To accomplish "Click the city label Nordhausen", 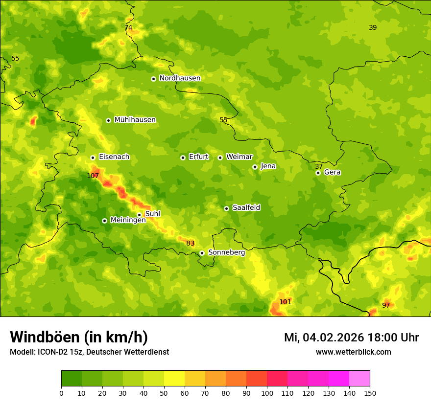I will [x=180, y=78].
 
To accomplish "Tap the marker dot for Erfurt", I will [x=183, y=158].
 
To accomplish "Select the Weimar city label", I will [x=239, y=157].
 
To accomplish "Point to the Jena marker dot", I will [x=255, y=167].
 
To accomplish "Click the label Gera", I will [x=332, y=172].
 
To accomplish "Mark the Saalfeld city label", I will [x=246, y=208].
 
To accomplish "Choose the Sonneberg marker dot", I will [x=202, y=253].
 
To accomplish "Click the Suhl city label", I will [x=153, y=214].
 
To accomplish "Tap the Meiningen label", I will [x=128, y=220].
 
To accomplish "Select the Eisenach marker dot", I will [x=93, y=158].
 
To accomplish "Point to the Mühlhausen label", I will [x=135, y=120].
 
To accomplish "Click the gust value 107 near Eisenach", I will [x=93, y=176].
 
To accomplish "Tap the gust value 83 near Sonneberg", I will [x=191, y=243].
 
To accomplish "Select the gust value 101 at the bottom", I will [x=285, y=302].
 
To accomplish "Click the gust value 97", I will [x=386, y=305].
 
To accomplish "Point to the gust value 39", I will [x=373, y=27].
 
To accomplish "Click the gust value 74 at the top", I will [x=128, y=27].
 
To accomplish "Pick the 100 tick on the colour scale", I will [x=267, y=393].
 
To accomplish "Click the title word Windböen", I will [x=44, y=337].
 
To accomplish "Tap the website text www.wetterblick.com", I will [x=353, y=352].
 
